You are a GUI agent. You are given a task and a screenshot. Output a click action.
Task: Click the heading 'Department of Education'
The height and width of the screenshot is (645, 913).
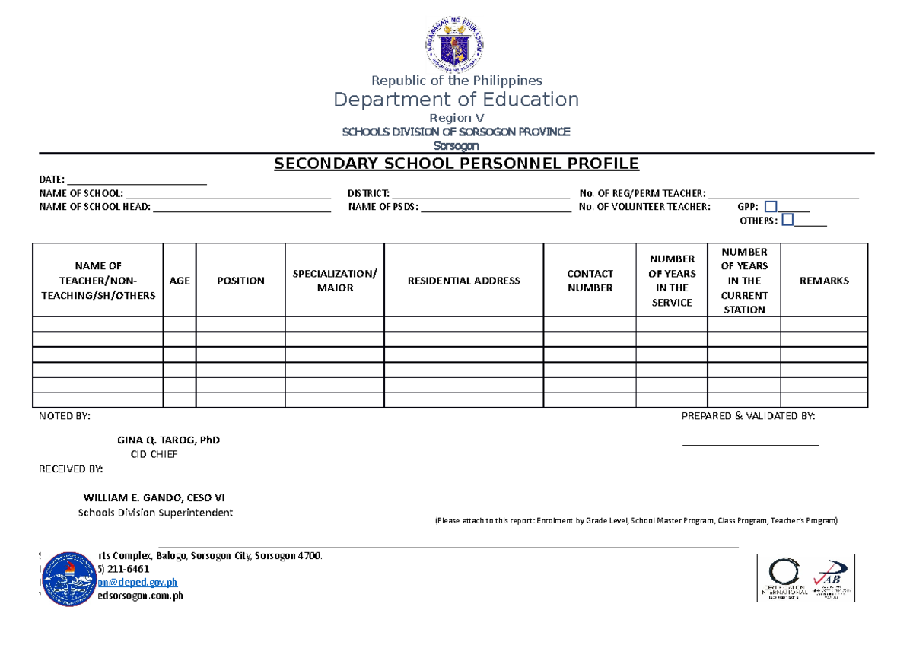tap(456, 100)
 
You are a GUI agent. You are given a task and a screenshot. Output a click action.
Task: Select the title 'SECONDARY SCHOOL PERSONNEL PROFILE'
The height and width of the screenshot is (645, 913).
tap(456, 164)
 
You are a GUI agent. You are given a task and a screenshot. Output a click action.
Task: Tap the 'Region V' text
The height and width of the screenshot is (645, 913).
tap(456, 118)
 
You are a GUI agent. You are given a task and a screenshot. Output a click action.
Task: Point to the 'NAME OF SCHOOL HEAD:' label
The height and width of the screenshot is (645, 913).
tap(95, 207)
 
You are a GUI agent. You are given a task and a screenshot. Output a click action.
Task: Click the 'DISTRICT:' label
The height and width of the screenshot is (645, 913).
tap(368, 194)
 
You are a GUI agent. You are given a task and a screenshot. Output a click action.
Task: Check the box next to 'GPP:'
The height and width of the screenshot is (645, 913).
tap(771, 206)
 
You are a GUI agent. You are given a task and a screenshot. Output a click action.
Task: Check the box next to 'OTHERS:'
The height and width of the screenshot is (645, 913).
tap(787, 220)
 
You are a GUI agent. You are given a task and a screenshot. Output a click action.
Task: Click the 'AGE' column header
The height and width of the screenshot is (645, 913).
tap(180, 281)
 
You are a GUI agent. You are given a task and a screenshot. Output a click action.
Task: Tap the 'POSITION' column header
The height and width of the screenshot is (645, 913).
tap(240, 281)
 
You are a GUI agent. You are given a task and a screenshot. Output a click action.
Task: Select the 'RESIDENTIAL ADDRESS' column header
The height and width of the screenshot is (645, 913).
tap(463, 281)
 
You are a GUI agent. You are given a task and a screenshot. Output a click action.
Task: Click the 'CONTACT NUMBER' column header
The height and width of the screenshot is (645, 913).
tap(590, 281)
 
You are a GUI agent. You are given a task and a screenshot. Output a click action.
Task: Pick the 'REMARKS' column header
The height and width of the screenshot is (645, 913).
tap(824, 281)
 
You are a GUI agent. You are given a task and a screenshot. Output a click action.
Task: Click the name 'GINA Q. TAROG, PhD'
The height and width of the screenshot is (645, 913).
tap(168, 440)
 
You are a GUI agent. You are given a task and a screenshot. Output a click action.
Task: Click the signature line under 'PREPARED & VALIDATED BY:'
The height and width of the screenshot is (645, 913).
tap(750, 444)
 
